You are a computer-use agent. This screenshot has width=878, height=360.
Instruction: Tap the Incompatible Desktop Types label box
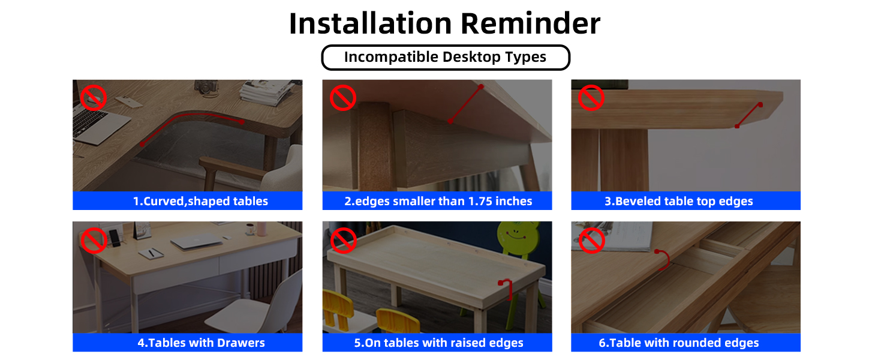pos(445,58)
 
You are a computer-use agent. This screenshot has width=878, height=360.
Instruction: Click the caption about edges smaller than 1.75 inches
pos(438,201)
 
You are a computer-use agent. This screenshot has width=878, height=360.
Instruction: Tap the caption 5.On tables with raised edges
pos(438,343)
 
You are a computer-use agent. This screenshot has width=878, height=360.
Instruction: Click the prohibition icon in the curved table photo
pos(93,97)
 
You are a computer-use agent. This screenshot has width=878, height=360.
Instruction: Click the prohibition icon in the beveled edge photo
pos(591,97)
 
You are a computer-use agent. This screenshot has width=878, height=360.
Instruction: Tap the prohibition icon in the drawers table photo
pos(93,240)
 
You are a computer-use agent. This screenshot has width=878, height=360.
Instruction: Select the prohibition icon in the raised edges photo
pos(343,240)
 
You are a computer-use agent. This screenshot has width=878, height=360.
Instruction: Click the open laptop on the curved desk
pos(99,123)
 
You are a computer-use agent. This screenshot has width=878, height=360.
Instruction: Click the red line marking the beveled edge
pos(748,115)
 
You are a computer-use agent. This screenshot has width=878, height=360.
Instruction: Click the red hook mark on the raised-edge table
pos(505,289)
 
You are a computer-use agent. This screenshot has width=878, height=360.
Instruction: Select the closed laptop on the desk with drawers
pos(196,242)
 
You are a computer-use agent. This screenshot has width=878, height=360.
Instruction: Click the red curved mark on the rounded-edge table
pos(663,260)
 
